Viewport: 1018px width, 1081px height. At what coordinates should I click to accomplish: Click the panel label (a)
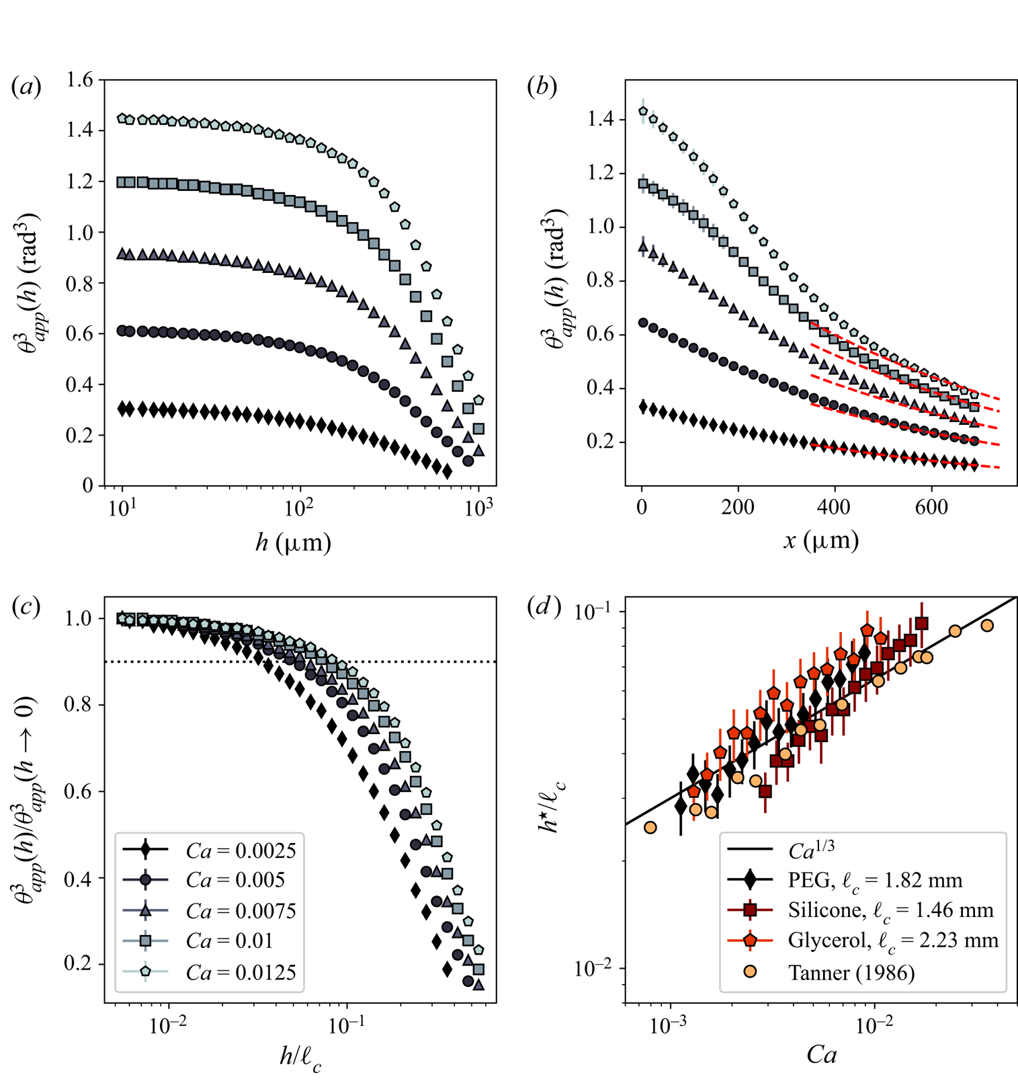(26, 87)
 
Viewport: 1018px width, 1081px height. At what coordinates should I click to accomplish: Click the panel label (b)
(542, 87)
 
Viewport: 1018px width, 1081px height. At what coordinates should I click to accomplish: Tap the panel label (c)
(26, 606)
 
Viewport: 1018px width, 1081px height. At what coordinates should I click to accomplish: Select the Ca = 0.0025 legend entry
(241, 850)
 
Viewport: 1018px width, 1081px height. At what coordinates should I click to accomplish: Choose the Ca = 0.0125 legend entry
(241, 972)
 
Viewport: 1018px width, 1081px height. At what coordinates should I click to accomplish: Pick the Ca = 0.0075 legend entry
(241, 911)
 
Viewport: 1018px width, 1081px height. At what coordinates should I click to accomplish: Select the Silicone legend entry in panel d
(890, 910)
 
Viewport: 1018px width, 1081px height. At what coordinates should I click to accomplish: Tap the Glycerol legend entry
(893, 940)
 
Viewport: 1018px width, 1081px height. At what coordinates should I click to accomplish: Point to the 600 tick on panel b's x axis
(931, 507)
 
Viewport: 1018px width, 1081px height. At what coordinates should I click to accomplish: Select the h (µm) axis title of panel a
(293, 543)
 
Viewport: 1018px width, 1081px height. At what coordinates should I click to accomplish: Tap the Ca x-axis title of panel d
(821, 1055)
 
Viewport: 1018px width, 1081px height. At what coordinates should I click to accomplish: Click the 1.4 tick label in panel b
(600, 120)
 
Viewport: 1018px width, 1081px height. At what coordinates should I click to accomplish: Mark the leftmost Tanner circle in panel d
(650, 828)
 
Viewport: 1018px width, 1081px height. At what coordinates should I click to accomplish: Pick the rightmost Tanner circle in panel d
(987, 626)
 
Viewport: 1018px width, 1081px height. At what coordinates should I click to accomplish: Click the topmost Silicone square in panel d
(922, 623)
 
